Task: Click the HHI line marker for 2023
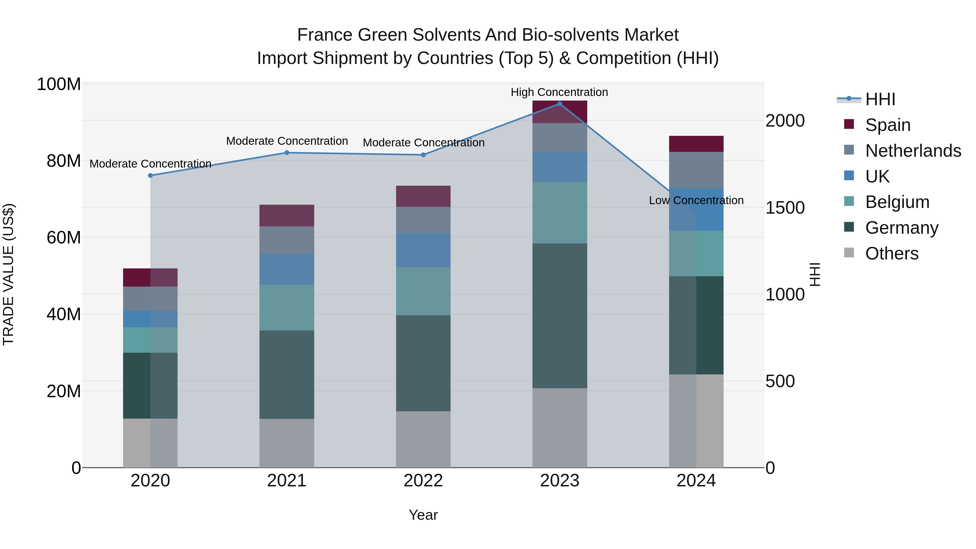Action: pyautogui.click(x=560, y=104)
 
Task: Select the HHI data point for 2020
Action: pyautogui.click(x=150, y=175)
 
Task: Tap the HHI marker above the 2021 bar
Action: pyautogui.click(x=287, y=153)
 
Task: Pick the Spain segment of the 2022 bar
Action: pyautogui.click(x=423, y=196)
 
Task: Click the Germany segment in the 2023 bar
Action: pyautogui.click(x=560, y=316)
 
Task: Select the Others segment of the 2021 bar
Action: pyautogui.click(x=287, y=443)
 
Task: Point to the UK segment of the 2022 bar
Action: pyautogui.click(x=423, y=251)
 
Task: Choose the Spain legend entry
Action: pyautogui.click(x=887, y=125)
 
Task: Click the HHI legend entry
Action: pyautogui.click(x=880, y=99)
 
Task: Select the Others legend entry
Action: pyautogui.click(x=891, y=253)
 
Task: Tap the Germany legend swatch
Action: pyautogui.click(x=849, y=227)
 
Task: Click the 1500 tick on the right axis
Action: pyautogui.click(x=785, y=208)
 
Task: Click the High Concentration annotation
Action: pyautogui.click(x=559, y=92)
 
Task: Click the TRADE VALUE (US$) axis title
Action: pyautogui.click(x=8, y=274)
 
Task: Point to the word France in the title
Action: pyautogui.click(x=325, y=35)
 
